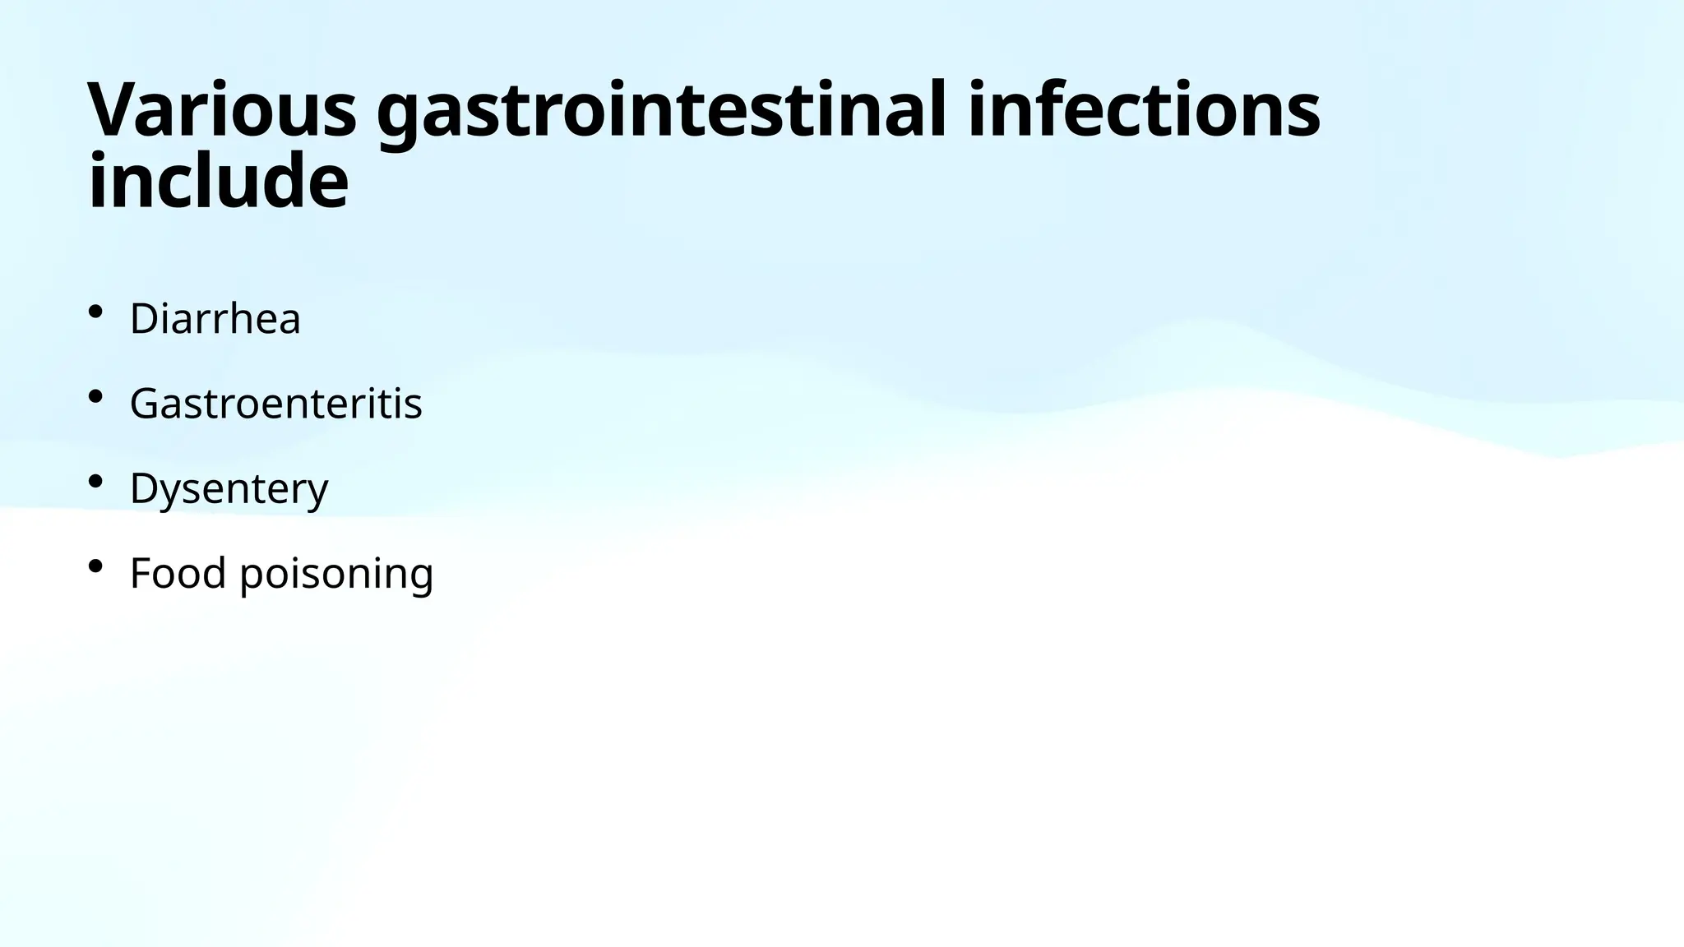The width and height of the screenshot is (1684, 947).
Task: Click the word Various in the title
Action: (x=222, y=110)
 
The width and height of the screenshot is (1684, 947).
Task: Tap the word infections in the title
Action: (x=1144, y=110)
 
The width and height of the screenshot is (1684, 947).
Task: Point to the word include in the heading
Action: (x=218, y=181)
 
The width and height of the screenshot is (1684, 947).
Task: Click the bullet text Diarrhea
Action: (x=215, y=318)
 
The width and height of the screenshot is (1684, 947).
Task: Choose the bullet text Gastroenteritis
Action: (x=275, y=404)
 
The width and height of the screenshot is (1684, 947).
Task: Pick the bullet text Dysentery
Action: (x=229, y=488)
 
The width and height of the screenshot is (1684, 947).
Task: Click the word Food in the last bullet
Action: (x=178, y=573)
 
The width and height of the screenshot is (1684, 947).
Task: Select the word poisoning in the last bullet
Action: (x=336, y=575)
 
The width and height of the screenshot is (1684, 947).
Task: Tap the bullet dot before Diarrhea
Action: (x=95, y=312)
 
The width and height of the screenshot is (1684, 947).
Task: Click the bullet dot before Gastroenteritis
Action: (x=95, y=397)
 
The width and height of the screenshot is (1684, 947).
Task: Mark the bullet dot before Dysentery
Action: (x=95, y=482)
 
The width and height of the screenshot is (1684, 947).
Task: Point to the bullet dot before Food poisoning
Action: (x=95, y=566)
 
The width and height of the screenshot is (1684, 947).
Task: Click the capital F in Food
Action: (x=141, y=573)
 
